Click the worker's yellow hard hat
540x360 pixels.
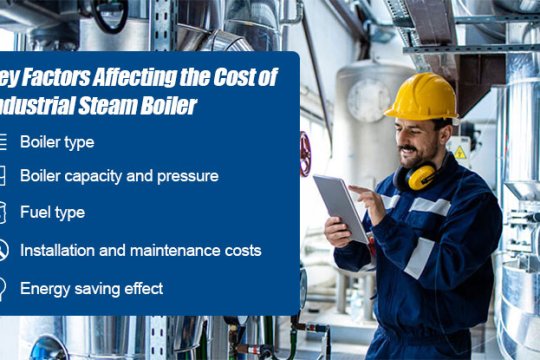(420, 97)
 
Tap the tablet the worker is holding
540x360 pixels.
(340, 205)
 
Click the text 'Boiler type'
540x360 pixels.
(57, 142)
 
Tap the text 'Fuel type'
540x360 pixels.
(52, 212)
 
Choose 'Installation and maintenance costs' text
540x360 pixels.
(140, 250)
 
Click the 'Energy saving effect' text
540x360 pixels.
(91, 288)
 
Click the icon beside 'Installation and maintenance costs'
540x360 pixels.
(3, 250)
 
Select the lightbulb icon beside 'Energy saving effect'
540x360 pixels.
(3, 288)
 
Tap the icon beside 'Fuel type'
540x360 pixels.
(3, 212)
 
